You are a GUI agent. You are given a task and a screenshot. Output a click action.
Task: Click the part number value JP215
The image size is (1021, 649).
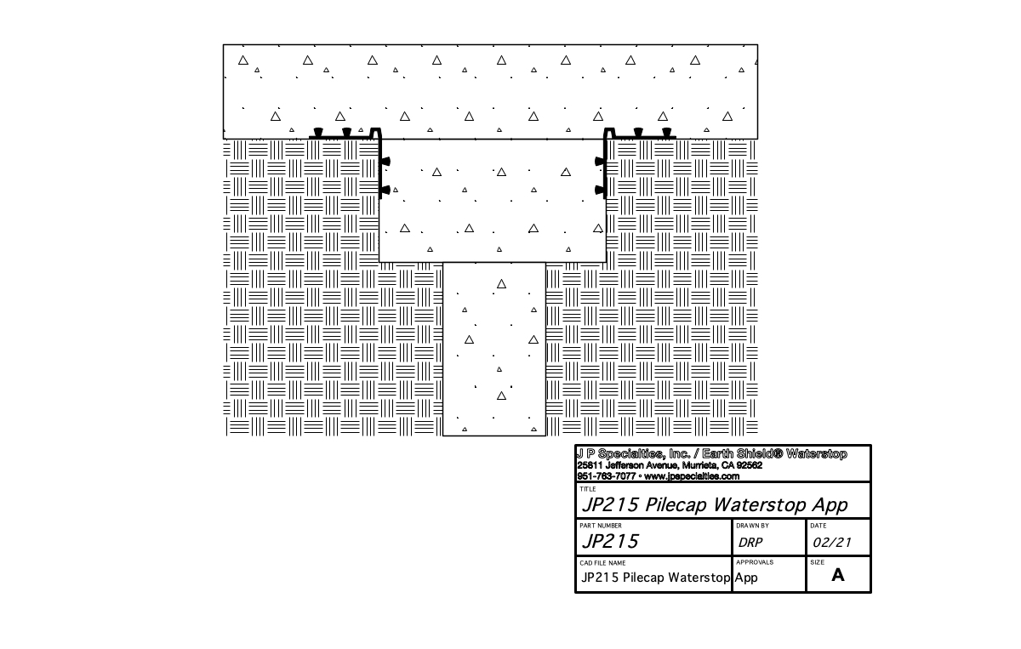click(609, 541)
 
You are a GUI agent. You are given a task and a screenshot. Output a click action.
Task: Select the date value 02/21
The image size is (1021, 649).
click(832, 542)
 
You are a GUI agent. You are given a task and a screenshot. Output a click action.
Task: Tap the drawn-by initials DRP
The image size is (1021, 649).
click(750, 542)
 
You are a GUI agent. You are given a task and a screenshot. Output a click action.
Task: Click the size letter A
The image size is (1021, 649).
click(838, 575)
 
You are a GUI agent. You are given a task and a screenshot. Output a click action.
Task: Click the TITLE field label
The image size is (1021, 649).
click(588, 489)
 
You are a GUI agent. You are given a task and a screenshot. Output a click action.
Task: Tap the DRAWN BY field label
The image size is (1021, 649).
click(753, 526)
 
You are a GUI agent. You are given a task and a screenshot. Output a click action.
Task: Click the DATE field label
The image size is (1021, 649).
click(819, 526)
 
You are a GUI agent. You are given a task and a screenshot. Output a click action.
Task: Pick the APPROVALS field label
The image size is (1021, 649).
click(755, 562)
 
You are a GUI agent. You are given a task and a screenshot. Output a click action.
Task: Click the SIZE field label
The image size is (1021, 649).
click(818, 562)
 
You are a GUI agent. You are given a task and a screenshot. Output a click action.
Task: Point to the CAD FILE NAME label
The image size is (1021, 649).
click(602, 562)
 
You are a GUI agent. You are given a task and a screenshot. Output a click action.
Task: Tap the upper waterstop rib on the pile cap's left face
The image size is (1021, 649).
click(385, 161)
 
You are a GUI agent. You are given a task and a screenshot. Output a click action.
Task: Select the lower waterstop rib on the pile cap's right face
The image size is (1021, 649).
click(600, 191)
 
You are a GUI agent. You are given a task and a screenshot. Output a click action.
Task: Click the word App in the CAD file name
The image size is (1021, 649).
click(746, 578)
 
